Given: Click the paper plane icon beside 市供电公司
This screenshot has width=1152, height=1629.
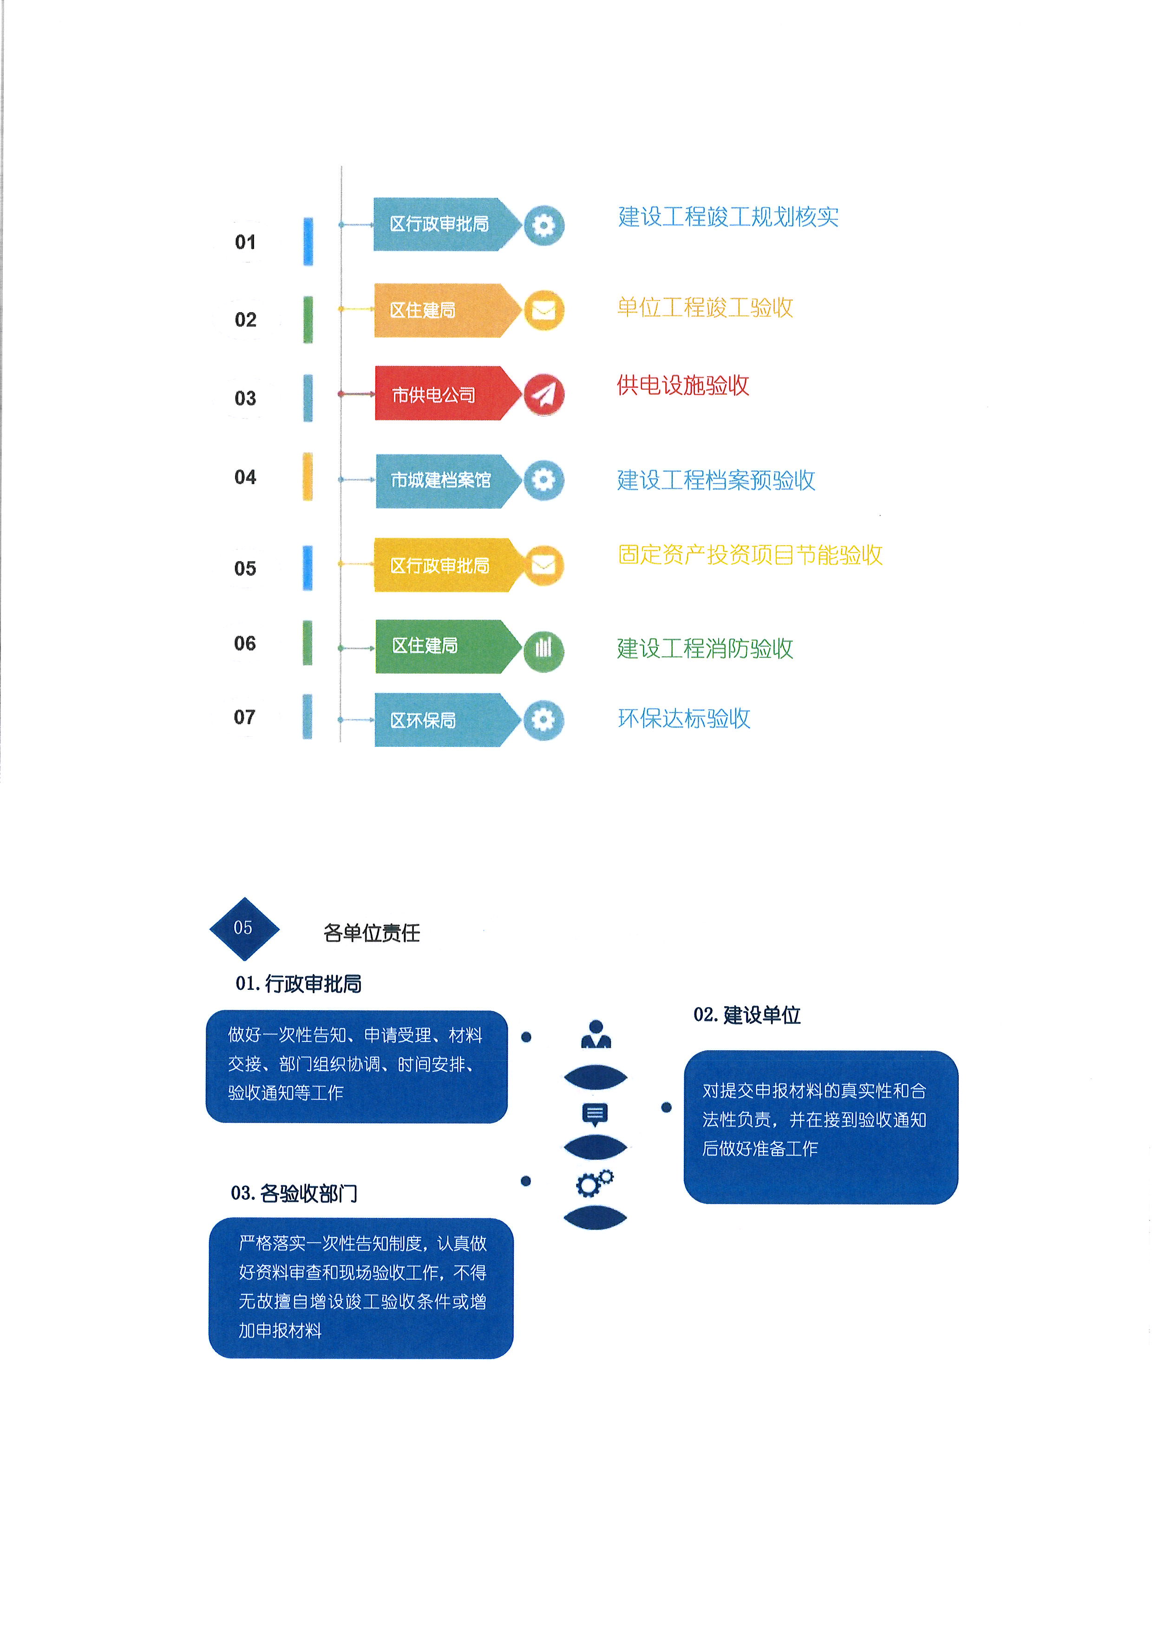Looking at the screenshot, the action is (x=544, y=394).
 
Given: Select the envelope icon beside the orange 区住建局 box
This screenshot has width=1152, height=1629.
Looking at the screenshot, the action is (x=544, y=310).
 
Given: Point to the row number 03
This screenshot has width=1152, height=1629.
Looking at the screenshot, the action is (x=245, y=398).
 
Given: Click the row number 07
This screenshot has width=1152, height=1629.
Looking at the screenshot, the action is (x=245, y=717).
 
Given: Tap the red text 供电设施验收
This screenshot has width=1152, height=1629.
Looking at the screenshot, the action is (x=682, y=385).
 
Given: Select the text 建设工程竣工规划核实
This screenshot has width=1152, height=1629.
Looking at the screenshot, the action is (x=728, y=217).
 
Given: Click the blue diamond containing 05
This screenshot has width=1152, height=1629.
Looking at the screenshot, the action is (x=244, y=929).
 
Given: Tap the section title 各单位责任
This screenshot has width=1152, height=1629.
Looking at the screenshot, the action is (x=372, y=933).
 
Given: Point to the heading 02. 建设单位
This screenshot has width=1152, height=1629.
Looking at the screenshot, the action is (x=747, y=1015).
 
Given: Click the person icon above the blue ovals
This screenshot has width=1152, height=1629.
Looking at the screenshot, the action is (x=596, y=1034).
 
